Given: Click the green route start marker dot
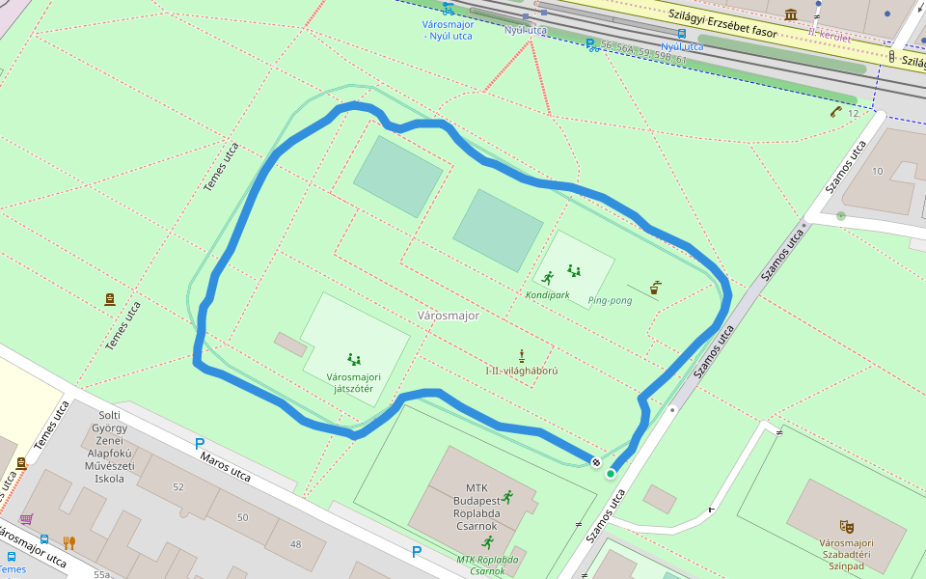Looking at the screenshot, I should [x=611, y=473].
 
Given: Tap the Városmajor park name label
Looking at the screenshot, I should [x=448, y=316].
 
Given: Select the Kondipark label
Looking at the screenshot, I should [x=547, y=294].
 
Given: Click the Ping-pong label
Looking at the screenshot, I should [x=610, y=301].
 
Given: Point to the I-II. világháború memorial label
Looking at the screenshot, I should [x=521, y=371].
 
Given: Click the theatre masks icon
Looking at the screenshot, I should [x=846, y=526].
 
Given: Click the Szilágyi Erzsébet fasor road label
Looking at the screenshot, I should [x=722, y=22].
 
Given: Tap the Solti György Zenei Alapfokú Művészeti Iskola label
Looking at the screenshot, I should [x=108, y=446].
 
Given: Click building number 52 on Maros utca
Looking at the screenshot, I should [x=177, y=487].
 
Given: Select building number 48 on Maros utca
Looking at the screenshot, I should [x=294, y=544].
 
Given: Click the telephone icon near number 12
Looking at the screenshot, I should [x=835, y=111].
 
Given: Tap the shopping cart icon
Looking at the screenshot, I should [x=26, y=519].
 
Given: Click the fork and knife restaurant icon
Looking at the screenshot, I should [x=68, y=542].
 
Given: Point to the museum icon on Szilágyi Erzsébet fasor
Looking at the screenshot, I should [x=791, y=14].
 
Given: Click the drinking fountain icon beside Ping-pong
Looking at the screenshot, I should [x=656, y=287].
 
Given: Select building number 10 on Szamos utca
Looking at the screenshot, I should [x=877, y=171].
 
